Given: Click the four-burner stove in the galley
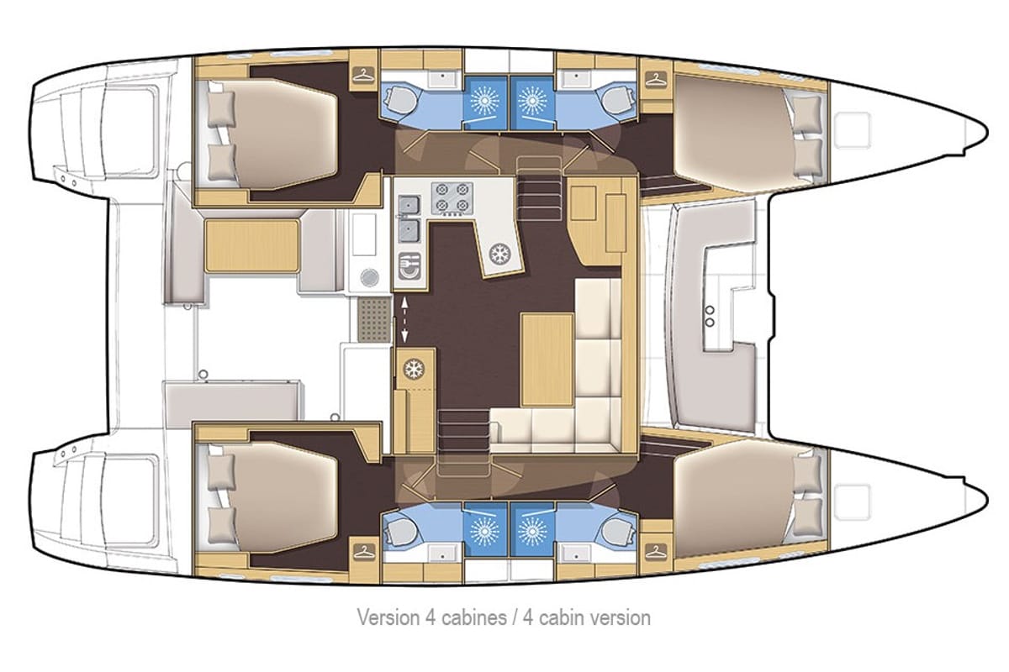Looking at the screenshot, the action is (x=452, y=198).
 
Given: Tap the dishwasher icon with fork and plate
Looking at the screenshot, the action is (x=410, y=266).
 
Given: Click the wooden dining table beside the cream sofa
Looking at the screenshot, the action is (x=547, y=360).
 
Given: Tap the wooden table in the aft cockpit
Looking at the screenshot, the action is (x=251, y=246).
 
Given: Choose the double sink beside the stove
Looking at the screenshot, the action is (x=409, y=218).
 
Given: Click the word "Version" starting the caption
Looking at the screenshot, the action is (x=388, y=617).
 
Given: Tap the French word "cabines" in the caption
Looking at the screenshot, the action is (x=474, y=617).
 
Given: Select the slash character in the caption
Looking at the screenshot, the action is (x=515, y=617).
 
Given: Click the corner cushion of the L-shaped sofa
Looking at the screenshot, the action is (x=597, y=424).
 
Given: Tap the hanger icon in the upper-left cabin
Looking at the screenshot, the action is (x=364, y=75).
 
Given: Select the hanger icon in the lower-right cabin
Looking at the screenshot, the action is (x=657, y=551).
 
